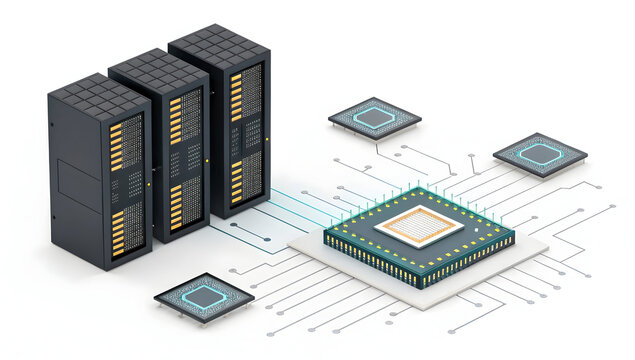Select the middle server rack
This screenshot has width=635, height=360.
click(x=160, y=150)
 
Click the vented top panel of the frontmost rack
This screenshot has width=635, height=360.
click(x=99, y=94)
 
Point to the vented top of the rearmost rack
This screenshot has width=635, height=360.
click(x=219, y=39)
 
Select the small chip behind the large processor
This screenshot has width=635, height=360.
click(x=375, y=116)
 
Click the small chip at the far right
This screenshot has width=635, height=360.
click(x=540, y=153)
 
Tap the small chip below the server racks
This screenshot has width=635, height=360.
click(x=204, y=296)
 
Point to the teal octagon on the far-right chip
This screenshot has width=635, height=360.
click(x=540, y=152)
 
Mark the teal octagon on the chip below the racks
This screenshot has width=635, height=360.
click(x=204, y=295)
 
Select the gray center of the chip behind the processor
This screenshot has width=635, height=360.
click(x=375, y=116)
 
